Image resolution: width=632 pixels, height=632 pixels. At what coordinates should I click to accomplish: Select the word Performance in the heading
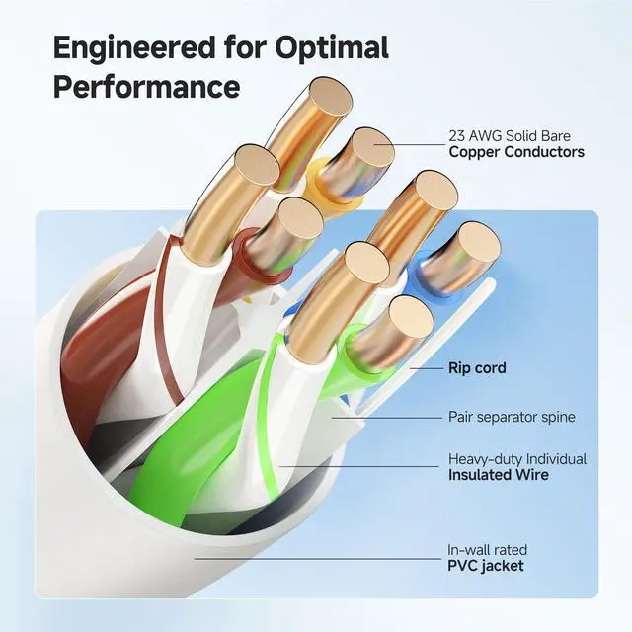(146, 86)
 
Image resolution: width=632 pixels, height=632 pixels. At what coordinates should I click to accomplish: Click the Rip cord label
(477, 368)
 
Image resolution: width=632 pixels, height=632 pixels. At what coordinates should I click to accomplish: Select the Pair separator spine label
(512, 417)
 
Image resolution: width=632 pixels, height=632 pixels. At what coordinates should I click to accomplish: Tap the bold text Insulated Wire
(499, 475)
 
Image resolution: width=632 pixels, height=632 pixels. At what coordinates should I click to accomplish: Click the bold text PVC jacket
(486, 566)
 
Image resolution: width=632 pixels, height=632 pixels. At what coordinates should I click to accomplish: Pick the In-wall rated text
(488, 550)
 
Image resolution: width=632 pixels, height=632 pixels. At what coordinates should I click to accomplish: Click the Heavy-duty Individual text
(517, 459)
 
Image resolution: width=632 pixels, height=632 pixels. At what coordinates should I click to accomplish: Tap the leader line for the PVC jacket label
(316, 558)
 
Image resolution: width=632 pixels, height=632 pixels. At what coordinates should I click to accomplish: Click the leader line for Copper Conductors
(415, 145)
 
